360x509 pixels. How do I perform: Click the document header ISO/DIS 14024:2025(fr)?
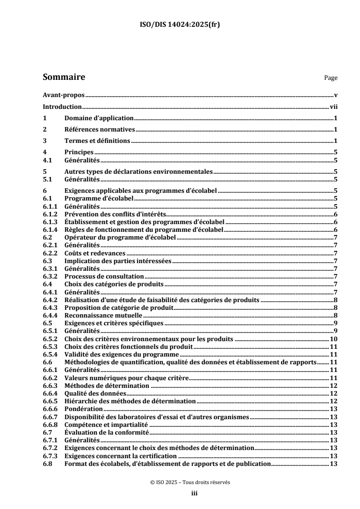180,25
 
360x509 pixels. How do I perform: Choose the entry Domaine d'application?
99,118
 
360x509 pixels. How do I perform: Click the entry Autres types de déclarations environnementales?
139,172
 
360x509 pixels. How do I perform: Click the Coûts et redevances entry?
95,253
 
